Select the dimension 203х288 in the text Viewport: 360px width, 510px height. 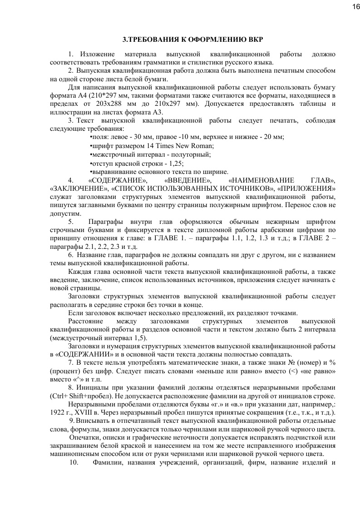103,104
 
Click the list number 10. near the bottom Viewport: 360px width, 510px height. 74,463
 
